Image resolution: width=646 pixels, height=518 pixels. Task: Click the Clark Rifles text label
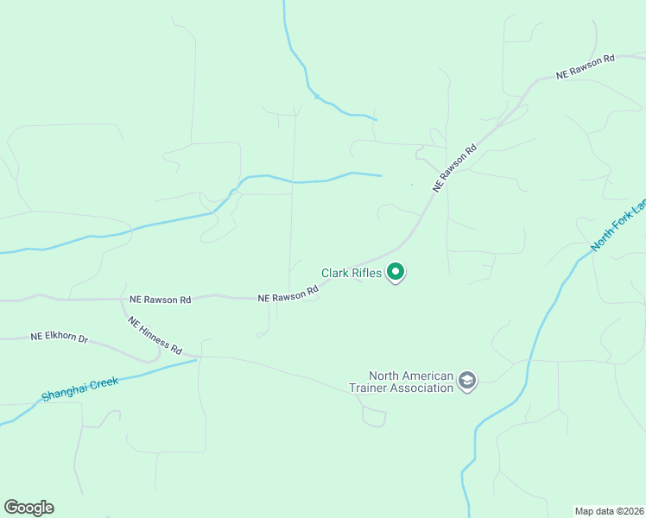click(351, 273)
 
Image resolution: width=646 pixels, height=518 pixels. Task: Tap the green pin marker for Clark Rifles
click(396, 272)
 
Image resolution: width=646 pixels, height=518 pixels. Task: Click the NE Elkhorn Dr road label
click(60, 338)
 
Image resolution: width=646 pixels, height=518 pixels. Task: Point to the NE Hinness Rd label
click(155, 336)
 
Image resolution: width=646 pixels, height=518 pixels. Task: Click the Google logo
click(28, 507)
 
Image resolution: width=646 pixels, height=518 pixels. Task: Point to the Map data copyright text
click(610, 510)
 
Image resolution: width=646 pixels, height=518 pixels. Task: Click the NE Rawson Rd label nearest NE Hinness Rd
click(160, 300)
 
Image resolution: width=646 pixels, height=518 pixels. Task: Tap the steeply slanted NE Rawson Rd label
click(455, 167)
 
